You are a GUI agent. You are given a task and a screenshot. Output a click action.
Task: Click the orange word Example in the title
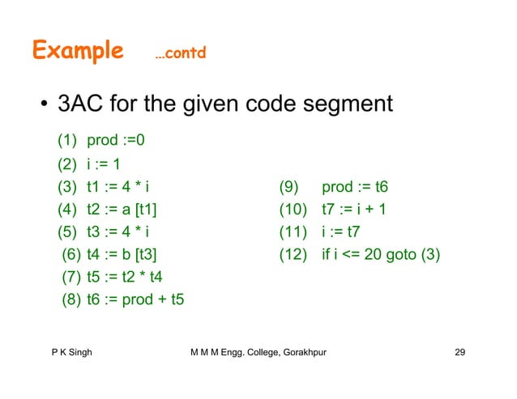click(x=78, y=52)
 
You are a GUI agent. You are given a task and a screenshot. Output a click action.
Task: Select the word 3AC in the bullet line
click(x=79, y=104)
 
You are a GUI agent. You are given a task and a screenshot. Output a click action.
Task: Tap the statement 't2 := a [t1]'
click(x=122, y=210)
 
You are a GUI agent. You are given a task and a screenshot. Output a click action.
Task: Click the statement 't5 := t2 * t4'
click(x=123, y=278)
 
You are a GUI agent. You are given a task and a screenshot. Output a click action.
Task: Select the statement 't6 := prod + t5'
click(x=135, y=301)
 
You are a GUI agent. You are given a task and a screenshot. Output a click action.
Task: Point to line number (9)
click(x=291, y=188)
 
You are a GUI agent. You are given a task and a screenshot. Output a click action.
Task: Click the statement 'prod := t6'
click(x=355, y=188)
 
